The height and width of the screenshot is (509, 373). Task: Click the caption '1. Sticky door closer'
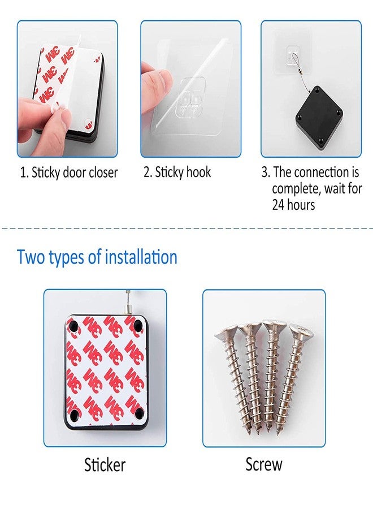68,172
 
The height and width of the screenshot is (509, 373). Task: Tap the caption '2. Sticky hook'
177,172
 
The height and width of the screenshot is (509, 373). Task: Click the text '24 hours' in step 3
293,205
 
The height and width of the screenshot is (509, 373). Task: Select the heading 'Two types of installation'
97,257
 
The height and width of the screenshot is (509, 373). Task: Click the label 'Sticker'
105,464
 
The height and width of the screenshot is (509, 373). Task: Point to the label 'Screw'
264,464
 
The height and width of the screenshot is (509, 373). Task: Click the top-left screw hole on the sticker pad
72,326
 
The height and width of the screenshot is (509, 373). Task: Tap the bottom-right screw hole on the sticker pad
139,413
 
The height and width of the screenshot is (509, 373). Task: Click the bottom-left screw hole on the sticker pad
74,414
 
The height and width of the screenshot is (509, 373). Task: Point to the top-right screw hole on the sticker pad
137,325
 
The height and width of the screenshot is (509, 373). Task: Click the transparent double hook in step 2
190,97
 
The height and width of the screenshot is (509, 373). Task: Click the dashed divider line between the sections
186,228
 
